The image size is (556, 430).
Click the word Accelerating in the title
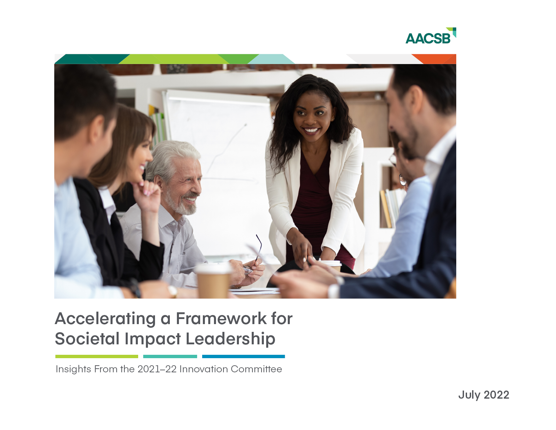click(x=105, y=319)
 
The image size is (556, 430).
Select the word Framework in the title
click(x=221, y=319)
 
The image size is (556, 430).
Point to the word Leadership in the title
click(x=230, y=339)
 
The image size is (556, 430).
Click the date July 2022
click(x=484, y=395)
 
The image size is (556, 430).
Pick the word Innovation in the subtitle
click(x=204, y=369)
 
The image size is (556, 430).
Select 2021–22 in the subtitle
click(x=157, y=369)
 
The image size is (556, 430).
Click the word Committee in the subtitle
click(x=256, y=369)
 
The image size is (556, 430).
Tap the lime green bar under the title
click(x=97, y=356)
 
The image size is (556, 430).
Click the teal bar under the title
click(x=170, y=356)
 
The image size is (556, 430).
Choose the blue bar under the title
click(x=243, y=356)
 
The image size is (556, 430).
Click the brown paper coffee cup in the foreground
click(x=213, y=282)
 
